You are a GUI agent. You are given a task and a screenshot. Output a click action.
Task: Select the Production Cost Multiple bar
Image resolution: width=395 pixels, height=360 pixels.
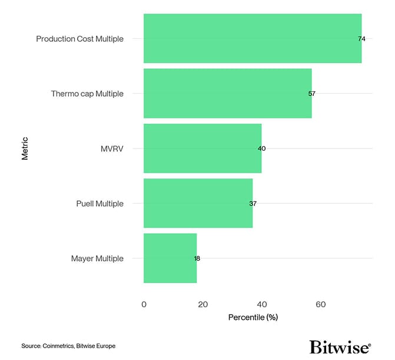coord(253,38)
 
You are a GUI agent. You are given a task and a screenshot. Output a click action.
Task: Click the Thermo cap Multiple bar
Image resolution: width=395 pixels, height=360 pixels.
coord(227,93)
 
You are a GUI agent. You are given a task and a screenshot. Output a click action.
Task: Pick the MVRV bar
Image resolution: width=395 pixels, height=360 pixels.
coord(203,148)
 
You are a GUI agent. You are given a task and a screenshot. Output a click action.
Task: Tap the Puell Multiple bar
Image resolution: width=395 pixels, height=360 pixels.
coord(198,203)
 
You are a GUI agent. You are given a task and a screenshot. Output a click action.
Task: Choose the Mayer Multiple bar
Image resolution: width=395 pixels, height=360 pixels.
coord(170,258)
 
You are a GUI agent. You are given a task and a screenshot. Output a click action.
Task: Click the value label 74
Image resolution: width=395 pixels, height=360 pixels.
coord(361,39)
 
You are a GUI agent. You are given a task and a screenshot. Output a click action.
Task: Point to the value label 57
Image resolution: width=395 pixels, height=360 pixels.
coord(312,94)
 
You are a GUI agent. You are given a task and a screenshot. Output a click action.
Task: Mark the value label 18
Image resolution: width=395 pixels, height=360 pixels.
coord(197,259)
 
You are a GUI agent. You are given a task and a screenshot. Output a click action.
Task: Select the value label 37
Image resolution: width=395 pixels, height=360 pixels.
coord(253,204)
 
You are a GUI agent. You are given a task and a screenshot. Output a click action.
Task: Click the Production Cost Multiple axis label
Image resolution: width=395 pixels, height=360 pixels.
coord(79,39)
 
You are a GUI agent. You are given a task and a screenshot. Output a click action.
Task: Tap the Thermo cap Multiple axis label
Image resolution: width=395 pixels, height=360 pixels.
coord(87,94)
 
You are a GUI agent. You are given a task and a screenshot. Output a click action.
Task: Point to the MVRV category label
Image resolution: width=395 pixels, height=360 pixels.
coord(112,148)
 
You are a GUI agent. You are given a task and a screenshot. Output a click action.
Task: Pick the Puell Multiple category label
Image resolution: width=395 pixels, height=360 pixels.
coord(99,204)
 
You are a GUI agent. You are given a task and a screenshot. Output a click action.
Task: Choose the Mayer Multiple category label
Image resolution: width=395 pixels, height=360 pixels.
coord(97,259)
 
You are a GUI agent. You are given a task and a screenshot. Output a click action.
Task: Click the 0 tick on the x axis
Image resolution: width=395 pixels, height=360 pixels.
coord(144,305)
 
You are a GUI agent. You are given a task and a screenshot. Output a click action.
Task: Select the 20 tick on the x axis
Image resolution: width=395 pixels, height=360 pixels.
coord(203,305)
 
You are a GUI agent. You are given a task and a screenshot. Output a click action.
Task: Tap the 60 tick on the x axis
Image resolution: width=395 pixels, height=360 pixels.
coord(320,305)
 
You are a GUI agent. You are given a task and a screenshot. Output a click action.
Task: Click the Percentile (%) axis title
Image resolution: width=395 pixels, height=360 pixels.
coord(253,318)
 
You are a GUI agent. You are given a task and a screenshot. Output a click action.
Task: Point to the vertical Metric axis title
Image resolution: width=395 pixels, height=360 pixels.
coord(25,148)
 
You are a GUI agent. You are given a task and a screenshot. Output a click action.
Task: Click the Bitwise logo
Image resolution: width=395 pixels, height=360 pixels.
coord(340,346)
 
